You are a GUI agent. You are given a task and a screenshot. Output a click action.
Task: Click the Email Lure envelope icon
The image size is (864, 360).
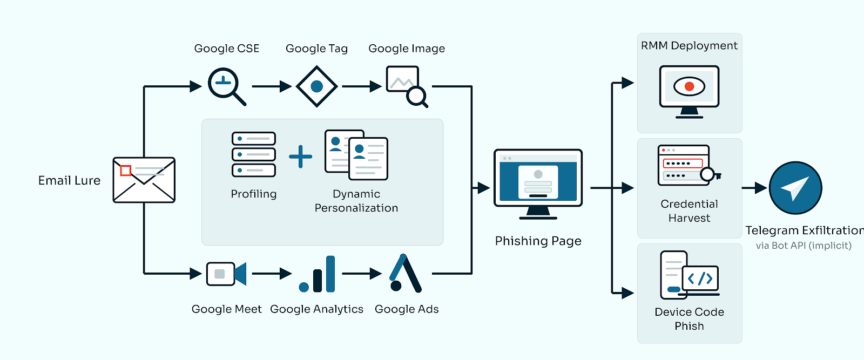(x=144, y=180)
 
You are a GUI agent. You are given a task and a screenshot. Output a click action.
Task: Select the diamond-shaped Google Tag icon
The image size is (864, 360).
(x=316, y=86)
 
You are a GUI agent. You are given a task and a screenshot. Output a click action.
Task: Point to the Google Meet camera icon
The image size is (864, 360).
(x=226, y=274)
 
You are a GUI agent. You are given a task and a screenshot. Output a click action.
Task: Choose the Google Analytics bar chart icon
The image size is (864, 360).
(x=317, y=274)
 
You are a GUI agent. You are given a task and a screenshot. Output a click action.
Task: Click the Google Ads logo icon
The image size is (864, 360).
(x=405, y=273)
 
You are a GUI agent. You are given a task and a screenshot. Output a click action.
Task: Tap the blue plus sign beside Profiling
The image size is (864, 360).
(x=300, y=157)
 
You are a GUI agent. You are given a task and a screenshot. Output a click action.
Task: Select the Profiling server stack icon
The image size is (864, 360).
(x=254, y=154)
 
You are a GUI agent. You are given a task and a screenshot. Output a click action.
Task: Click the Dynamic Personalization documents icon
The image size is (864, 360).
(x=356, y=155)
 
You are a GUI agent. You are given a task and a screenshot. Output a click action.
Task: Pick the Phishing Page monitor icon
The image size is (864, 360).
(x=538, y=184)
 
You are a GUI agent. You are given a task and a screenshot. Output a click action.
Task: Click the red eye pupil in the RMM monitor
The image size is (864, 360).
(x=689, y=86)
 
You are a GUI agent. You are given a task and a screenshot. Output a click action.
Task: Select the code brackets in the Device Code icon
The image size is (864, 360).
(x=700, y=279)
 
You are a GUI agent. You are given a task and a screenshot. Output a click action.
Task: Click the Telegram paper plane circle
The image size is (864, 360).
(x=795, y=188)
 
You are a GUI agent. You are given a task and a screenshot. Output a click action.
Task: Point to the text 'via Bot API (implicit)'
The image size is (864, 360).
(x=804, y=246)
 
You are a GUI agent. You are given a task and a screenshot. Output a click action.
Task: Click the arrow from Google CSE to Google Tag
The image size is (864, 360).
(x=272, y=86)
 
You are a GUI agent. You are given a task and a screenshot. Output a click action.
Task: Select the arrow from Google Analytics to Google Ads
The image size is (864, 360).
(x=362, y=274)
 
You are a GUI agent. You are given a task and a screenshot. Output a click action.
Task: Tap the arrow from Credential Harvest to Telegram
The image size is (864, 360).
(x=754, y=188)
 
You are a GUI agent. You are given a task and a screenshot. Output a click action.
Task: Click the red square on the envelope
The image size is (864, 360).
(x=125, y=171)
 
